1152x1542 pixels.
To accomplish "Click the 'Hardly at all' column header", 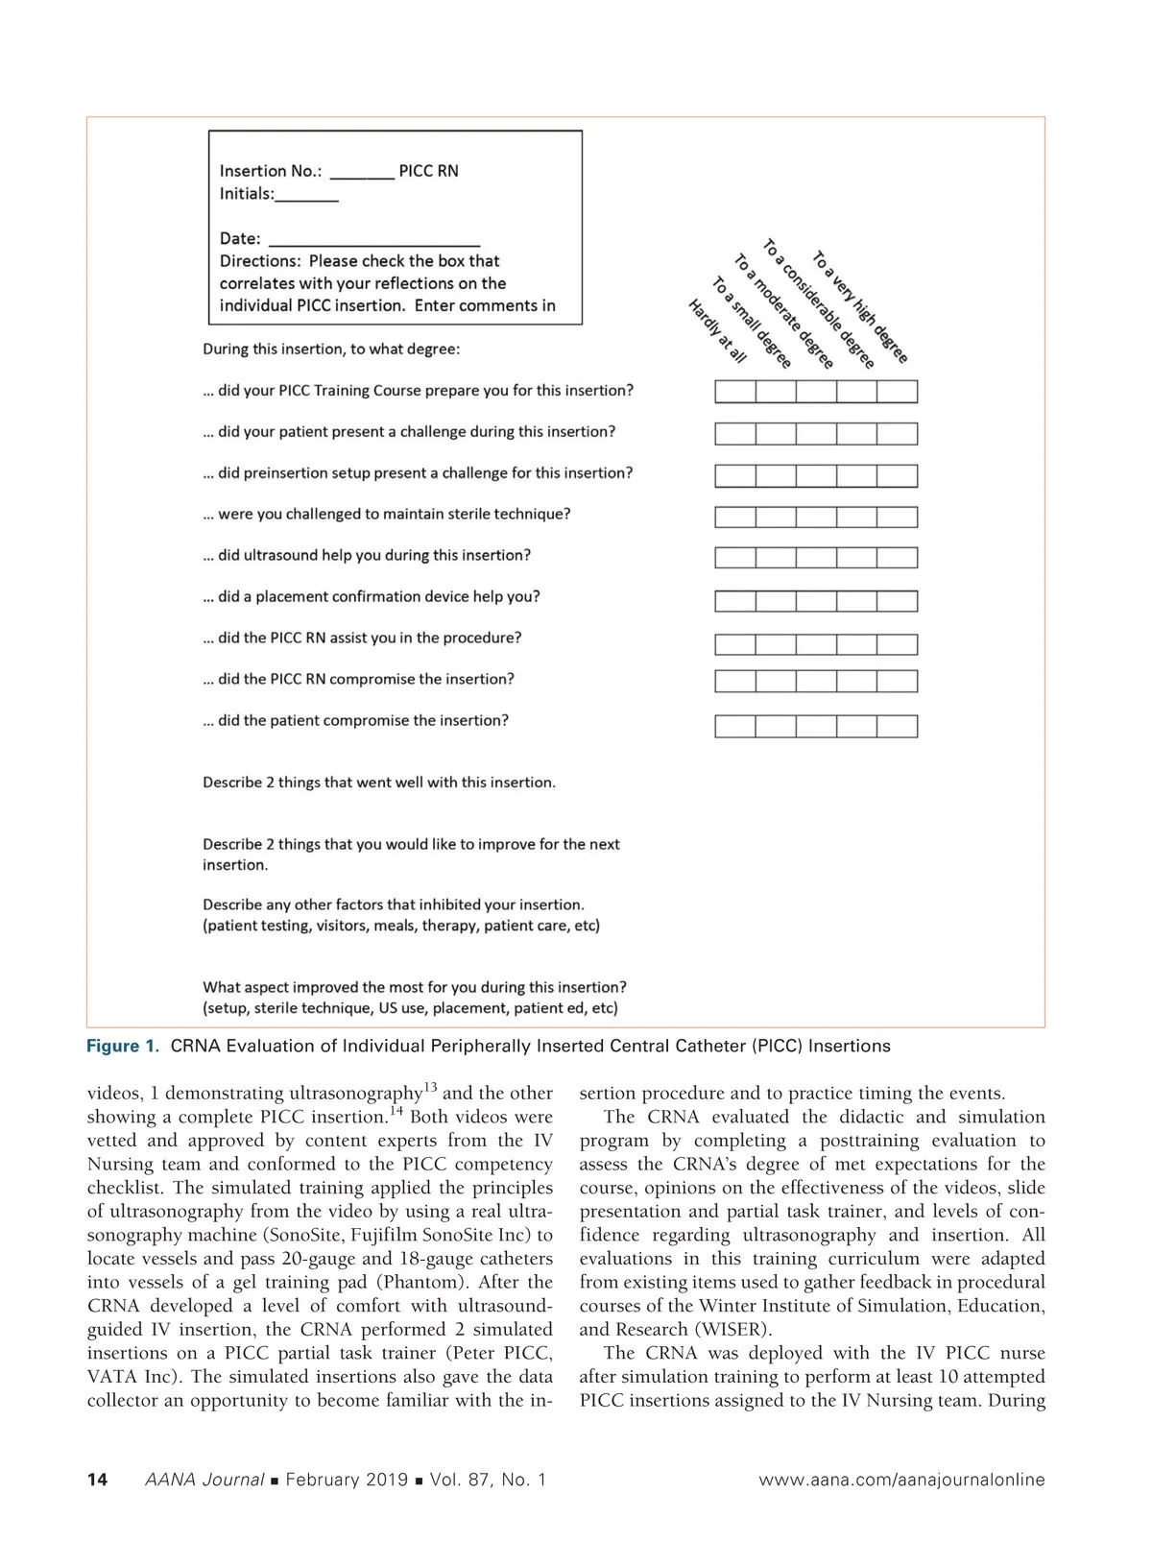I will tap(717, 331).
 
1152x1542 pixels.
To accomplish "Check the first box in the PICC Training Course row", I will tap(735, 392).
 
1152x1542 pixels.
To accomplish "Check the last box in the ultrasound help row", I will tap(897, 558).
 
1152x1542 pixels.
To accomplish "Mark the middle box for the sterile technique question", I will tap(816, 518).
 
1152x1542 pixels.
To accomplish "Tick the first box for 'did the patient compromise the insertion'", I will tap(735, 726).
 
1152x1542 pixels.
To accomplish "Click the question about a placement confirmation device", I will tap(372, 597).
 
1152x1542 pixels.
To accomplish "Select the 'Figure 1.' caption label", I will tap(123, 1047).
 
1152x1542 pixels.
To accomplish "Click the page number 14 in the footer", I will tap(97, 1480).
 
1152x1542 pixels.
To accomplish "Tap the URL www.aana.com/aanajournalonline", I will tap(901, 1480).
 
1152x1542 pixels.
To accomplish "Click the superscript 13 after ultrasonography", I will tap(430, 1087).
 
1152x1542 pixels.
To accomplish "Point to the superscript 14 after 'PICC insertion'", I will tap(396, 1111).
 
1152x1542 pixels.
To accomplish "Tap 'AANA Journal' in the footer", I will tap(204, 1480).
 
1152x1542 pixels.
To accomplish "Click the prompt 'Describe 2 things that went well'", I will tap(379, 783).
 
